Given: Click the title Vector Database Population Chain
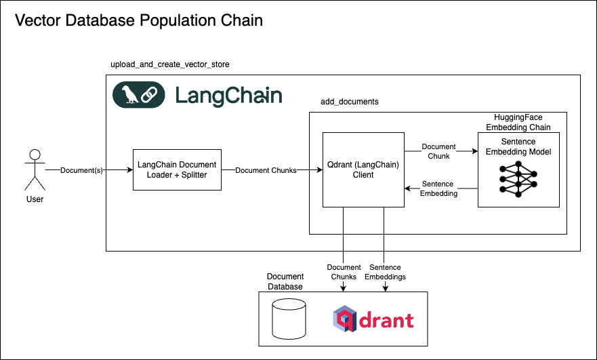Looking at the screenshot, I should pyautogui.click(x=139, y=20).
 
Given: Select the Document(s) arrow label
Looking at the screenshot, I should pyautogui.click(x=81, y=170).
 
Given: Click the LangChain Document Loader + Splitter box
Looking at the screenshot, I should pyautogui.click(x=177, y=170).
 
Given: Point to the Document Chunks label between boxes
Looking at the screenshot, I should pyautogui.click(x=266, y=170).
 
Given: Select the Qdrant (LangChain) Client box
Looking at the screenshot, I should pyautogui.click(x=363, y=169).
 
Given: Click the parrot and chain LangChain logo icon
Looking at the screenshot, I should pyautogui.click(x=138, y=95).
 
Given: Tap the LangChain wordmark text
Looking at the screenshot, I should pyautogui.click(x=228, y=95).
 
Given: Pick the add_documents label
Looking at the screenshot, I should pyautogui.click(x=349, y=101).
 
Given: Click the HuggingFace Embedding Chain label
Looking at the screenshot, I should pyautogui.click(x=518, y=122).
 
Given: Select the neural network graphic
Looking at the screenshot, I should pyautogui.click(x=518, y=180).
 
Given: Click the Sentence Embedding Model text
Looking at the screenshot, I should pyautogui.click(x=518, y=147).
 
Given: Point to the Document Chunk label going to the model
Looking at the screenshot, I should pyautogui.click(x=438, y=151).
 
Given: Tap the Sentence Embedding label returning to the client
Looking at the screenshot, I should pyautogui.click(x=438, y=188).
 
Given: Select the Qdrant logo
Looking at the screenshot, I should pyautogui.click(x=373, y=319).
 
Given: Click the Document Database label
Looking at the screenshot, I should pyautogui.click(x=285, y=281).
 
